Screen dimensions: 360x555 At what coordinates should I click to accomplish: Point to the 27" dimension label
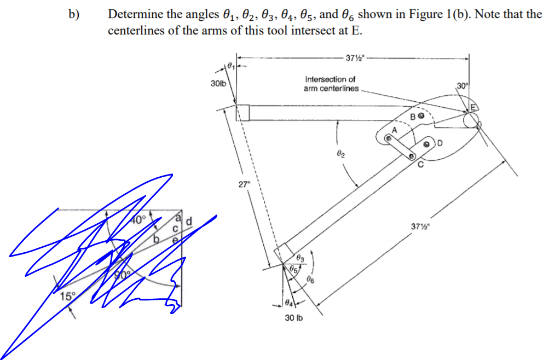click(244, 184)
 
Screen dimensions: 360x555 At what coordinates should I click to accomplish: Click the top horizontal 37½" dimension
click(352, 56)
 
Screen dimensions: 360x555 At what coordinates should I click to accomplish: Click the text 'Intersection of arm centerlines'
click(331, 84)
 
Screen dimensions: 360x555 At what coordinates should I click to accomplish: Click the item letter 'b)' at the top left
click(73, 15)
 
